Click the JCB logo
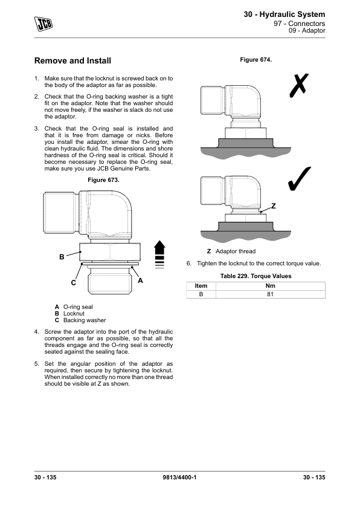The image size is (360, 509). [43, 24]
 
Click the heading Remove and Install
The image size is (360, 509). [72, 60]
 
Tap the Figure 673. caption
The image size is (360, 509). [103, 180]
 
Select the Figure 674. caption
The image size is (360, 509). [256, 60]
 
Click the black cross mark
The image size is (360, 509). [299, 85]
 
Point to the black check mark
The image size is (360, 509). [299, 179]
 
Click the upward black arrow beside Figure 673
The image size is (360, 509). [159, 254]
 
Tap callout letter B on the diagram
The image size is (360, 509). [62, 257]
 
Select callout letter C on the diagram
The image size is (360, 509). [74, 283]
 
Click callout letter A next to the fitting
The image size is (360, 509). [140, 280]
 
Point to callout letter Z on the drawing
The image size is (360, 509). [274, 206]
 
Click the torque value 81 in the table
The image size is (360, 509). [270, 294]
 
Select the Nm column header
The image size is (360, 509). [270, 286]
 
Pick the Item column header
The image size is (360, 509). [201, 286]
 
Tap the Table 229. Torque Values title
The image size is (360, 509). [256, 276]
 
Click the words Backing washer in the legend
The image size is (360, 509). [85, 320]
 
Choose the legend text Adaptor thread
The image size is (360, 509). [236, 251]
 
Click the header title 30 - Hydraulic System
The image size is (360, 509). [284, 15]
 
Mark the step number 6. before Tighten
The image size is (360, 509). [188, 263]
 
